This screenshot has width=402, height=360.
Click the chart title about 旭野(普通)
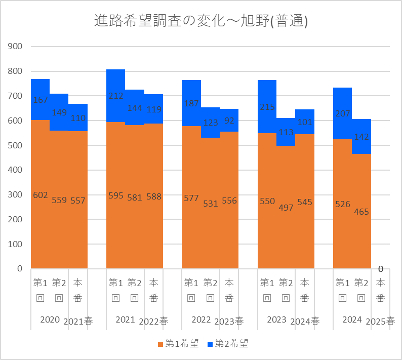201,21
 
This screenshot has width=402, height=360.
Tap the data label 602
40,195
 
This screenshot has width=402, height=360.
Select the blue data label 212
115,96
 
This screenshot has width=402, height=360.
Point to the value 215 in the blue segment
267,107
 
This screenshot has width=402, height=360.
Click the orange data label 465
361,212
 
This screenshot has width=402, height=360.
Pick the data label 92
229,121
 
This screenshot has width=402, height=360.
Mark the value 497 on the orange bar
286,208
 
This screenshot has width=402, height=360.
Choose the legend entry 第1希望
178,344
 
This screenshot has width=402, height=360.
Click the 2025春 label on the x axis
380,321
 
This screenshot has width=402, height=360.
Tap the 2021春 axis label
78,321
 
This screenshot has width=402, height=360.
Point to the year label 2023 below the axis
276,319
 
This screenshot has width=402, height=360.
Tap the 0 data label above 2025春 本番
380,269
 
